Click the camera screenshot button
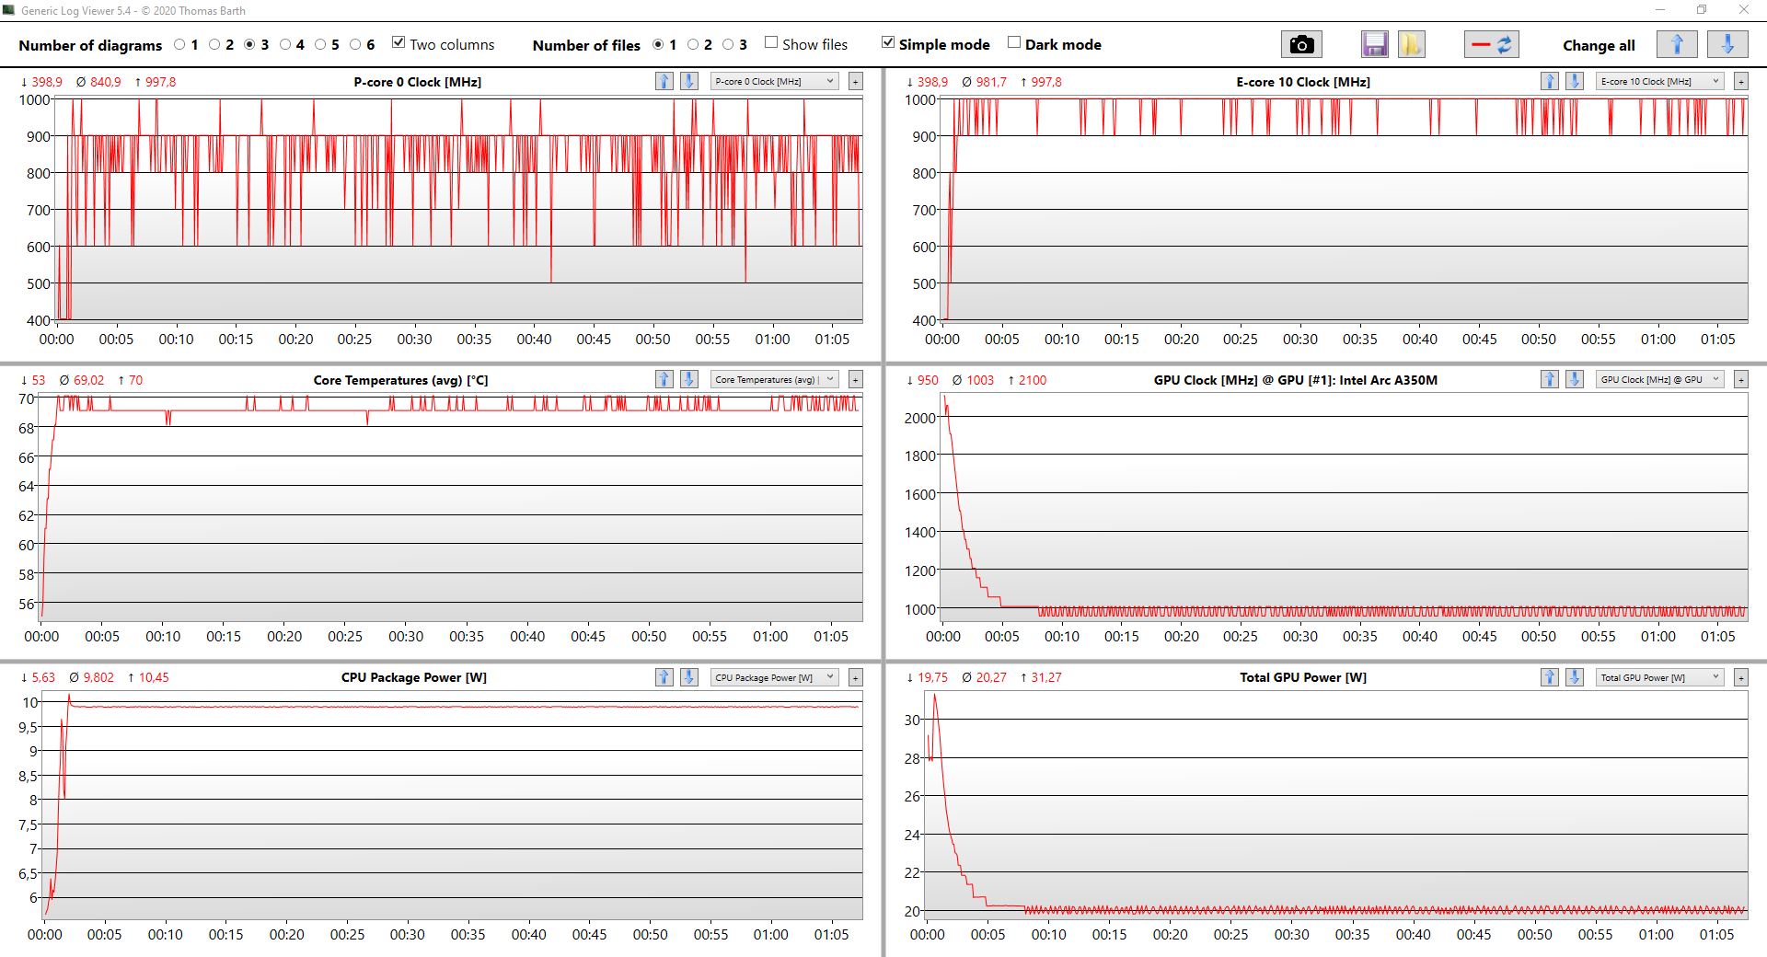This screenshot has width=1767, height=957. (x=1300, y=44)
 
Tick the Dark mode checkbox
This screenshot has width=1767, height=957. (x=1014, y=42)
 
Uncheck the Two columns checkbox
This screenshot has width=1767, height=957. (x=398, y=42)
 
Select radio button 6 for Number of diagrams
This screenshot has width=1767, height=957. (x=355, y=44)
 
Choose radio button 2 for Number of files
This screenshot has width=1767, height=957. (x=693, y=44)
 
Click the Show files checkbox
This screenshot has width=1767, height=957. (x=771, y=42)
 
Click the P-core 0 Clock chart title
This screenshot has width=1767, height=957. (x=417, y=82)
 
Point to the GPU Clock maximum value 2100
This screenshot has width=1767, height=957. (x=1032, y=380)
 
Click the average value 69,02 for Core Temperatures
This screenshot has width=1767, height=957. (x=88, y=380)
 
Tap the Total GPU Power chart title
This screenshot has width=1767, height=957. (x=1302, y=677)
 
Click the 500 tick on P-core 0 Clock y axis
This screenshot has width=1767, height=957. (x=38, y=283)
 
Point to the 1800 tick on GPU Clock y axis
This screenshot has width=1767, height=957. (x=919, y=455)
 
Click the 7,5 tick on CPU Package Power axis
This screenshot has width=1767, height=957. (x=29, y=824)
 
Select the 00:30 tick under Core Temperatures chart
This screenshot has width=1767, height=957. (x=406, y=637)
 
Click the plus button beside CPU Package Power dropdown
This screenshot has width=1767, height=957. (x=855, y=677)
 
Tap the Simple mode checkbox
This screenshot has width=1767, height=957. (x=888, y=42)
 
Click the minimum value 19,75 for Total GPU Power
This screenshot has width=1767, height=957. (x=932, y=677)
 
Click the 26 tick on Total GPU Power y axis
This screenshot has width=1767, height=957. (x=912, y=796)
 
